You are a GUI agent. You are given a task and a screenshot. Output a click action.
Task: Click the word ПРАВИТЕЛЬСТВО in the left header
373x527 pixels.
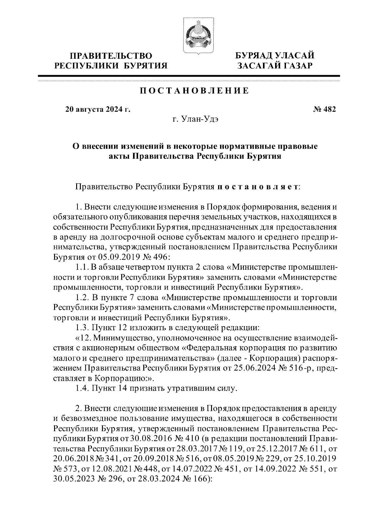[111, 56]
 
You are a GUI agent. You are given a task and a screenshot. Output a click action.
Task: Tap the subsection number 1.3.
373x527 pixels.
[82, 327]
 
